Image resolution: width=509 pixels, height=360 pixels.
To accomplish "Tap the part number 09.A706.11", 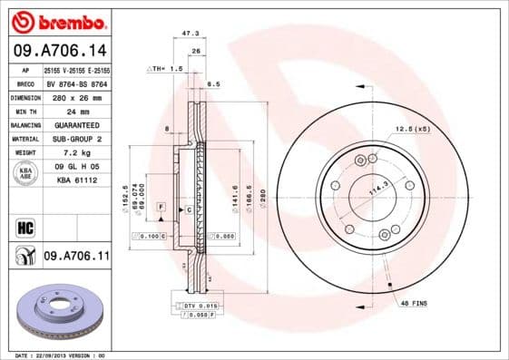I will [76, 258].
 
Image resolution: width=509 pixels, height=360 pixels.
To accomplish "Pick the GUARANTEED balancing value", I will [76, 125].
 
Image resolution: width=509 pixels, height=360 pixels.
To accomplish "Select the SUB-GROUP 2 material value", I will [76, 139].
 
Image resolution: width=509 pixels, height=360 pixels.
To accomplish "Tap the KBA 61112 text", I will [76, 181].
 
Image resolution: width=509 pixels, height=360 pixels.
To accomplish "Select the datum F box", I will [161, 208].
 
